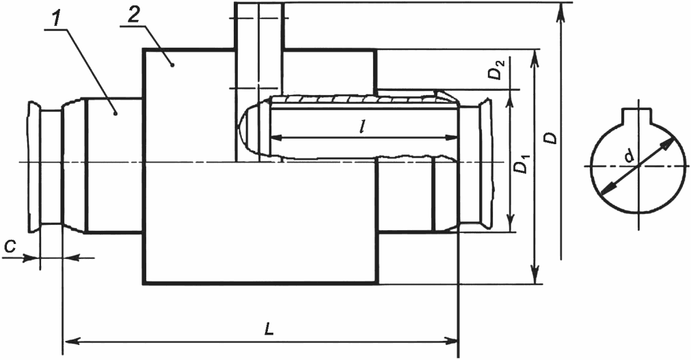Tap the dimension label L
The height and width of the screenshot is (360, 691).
coord(269,329)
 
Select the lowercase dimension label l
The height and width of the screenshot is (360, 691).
coord(362,127)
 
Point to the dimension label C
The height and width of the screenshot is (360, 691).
coord(10,247)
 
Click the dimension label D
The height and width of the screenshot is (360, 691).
coord(550,137)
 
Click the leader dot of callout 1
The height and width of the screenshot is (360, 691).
coord(116,113)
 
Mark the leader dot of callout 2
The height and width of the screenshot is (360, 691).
coord(173,65)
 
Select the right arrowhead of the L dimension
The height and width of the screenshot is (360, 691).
coord(450,341)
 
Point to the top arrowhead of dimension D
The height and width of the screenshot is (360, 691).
coord(560,10)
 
